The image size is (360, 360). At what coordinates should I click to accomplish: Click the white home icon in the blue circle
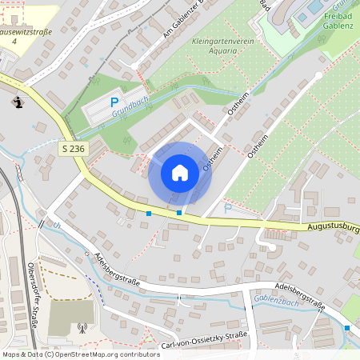point(180,172)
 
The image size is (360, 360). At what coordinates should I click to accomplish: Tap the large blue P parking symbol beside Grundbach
point(114,102)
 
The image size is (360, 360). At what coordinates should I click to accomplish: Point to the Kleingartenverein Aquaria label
point(215,44)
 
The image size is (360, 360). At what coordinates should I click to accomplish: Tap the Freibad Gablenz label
point(337,21)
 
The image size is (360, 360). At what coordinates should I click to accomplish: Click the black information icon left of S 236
point(18,102)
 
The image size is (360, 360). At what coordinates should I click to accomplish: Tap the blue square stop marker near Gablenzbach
point(347,328)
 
